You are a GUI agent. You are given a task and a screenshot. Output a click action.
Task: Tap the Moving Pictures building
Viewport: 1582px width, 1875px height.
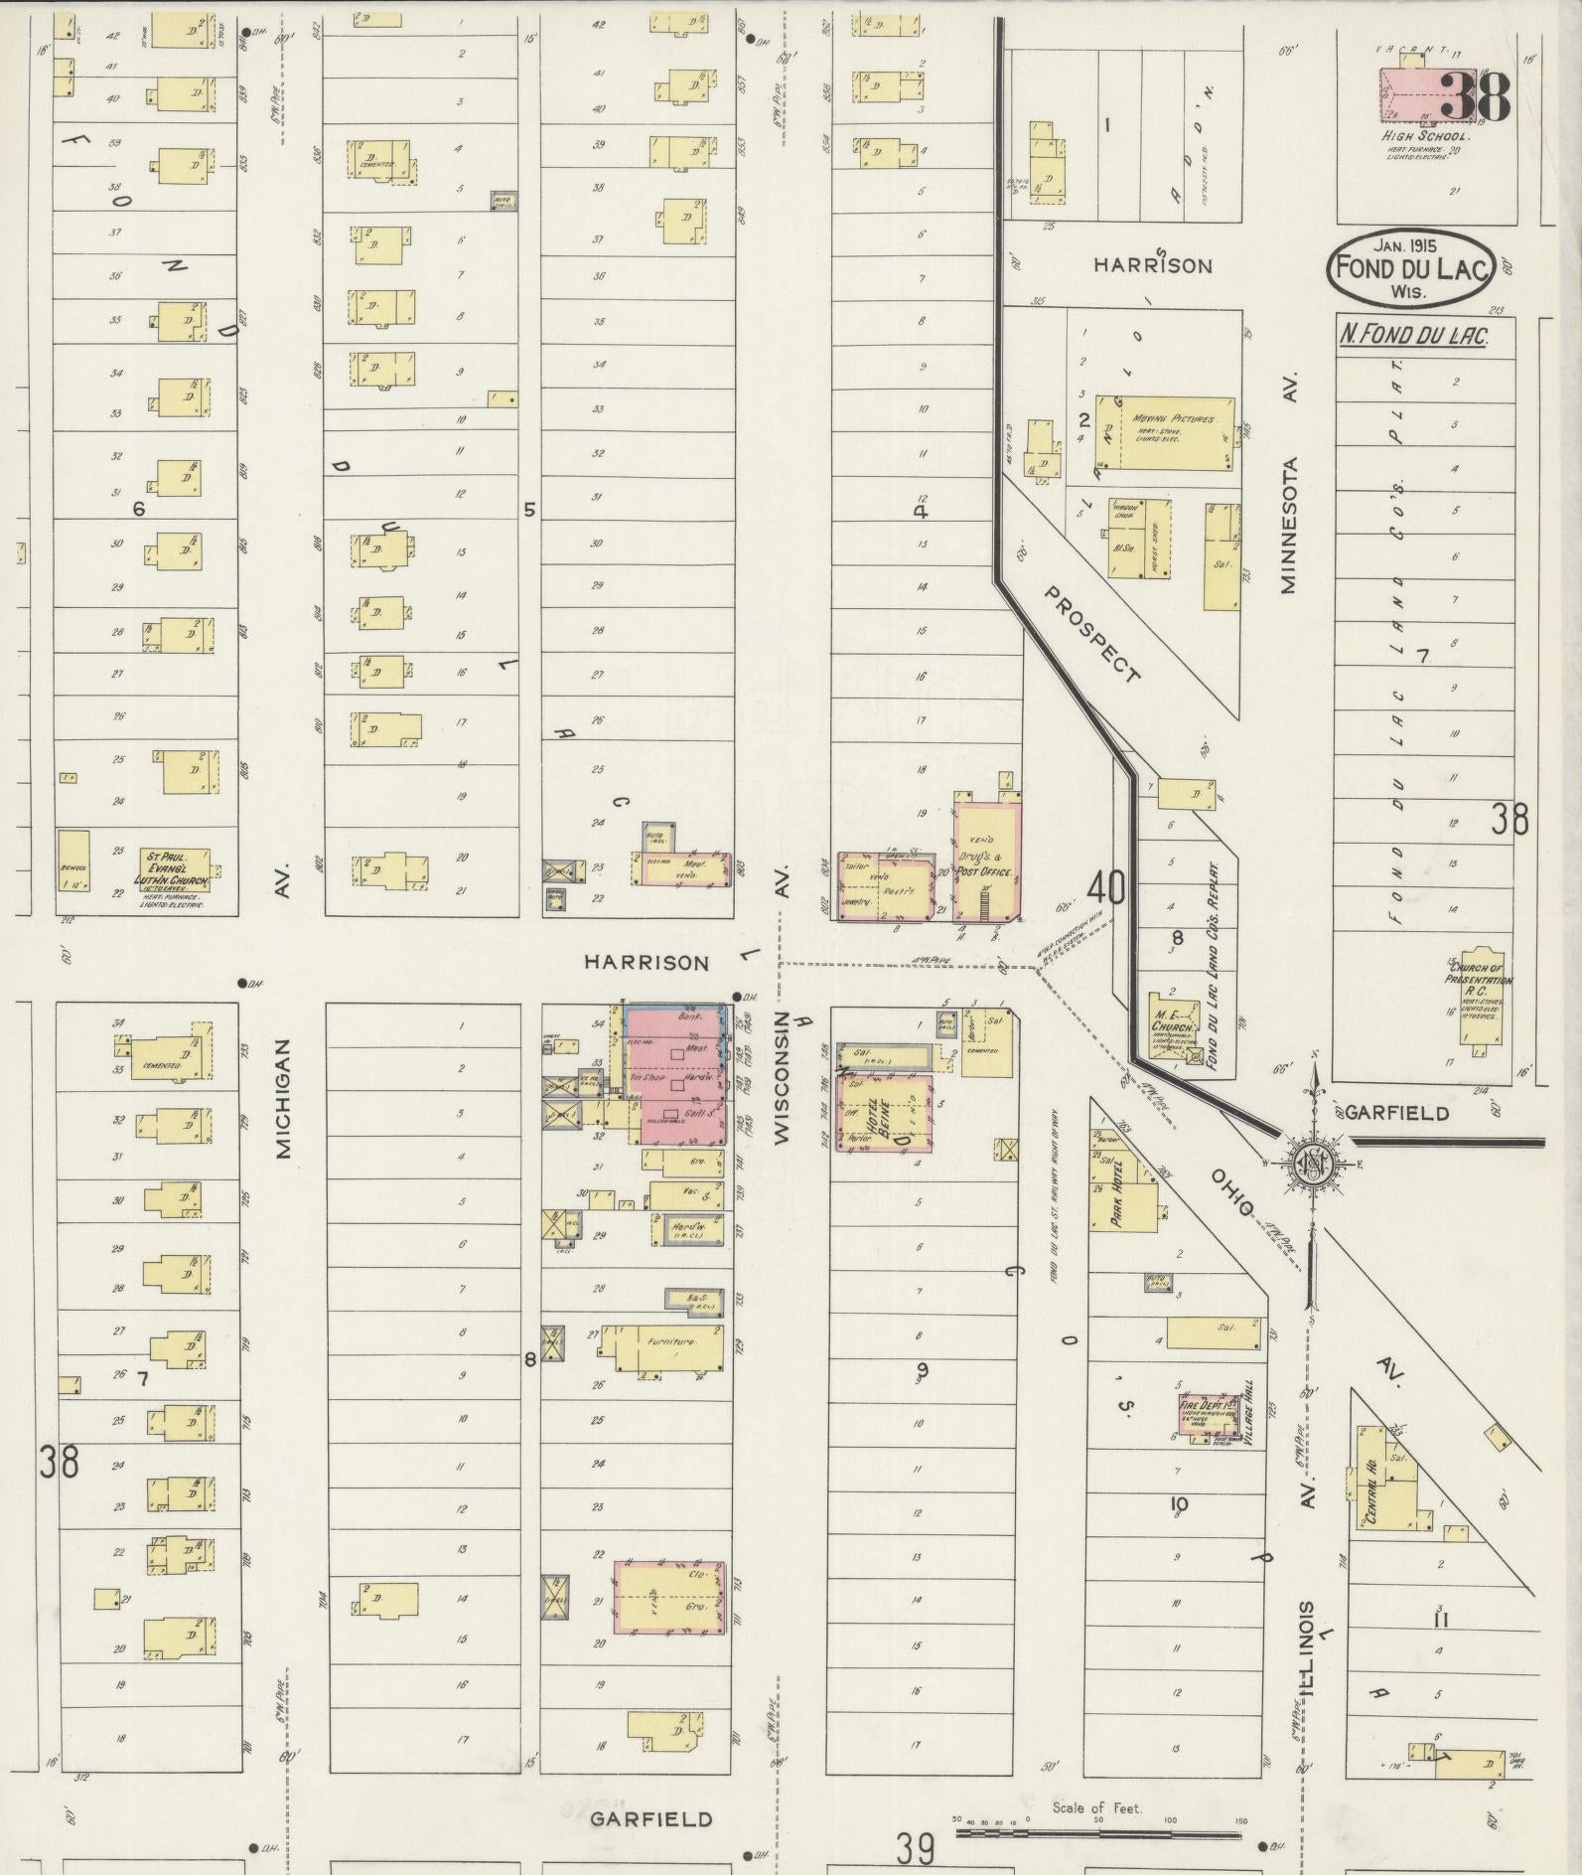tap(1166, 433)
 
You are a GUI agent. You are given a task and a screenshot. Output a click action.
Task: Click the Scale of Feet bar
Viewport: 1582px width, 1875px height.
tap(1097, 1829)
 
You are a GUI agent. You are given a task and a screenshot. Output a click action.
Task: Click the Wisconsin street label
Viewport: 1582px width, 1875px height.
tap(782, 1079)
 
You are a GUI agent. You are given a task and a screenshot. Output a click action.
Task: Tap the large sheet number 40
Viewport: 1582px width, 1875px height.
tap(1105, 885)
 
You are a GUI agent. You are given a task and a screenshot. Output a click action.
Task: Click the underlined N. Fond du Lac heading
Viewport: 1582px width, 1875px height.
tap(1413, 336)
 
